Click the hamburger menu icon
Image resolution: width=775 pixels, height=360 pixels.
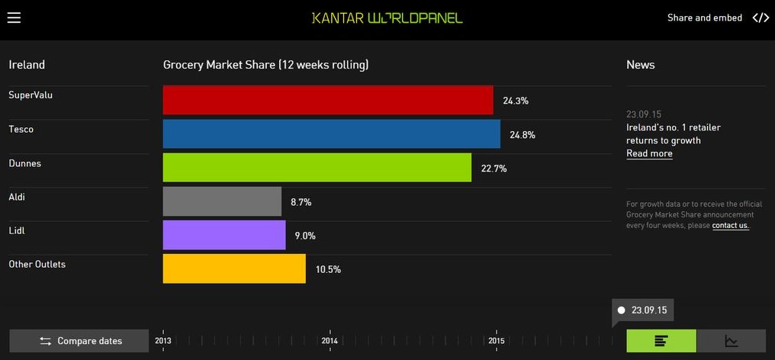(x=14, y=18)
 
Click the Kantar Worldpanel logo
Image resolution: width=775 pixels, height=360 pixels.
(x=387, y=18)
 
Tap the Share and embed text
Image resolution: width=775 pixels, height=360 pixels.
(x=704, y=18)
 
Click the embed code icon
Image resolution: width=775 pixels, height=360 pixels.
(x=761, y=18)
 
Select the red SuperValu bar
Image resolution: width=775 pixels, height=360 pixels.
(x=328, y=100)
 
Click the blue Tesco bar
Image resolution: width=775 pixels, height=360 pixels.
(x=332, y=134)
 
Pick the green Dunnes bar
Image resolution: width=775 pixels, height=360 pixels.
(x=317, y=168)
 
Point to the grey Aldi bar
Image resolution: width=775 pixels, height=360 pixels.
(x=222, y=201)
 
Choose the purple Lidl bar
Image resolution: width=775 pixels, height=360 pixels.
(x=224, y=235)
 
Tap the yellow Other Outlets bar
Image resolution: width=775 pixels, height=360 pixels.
(x=234, y=268)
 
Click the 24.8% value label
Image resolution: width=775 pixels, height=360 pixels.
(x=523, y=135)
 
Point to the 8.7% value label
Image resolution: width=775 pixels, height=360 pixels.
(x=301, y=202)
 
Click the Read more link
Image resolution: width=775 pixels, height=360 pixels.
(x=649, y=153)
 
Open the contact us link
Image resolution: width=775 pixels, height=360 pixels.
(x=731, y=226)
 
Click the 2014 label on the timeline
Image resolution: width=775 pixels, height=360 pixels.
(x=330, y=340)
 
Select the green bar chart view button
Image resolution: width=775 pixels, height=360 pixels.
(x=661, y=341)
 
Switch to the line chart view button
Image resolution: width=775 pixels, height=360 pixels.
(x=732, y=341)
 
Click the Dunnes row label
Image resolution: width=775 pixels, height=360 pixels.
(x=25, y=163)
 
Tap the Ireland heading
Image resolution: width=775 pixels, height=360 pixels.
(x=27, y=65)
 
